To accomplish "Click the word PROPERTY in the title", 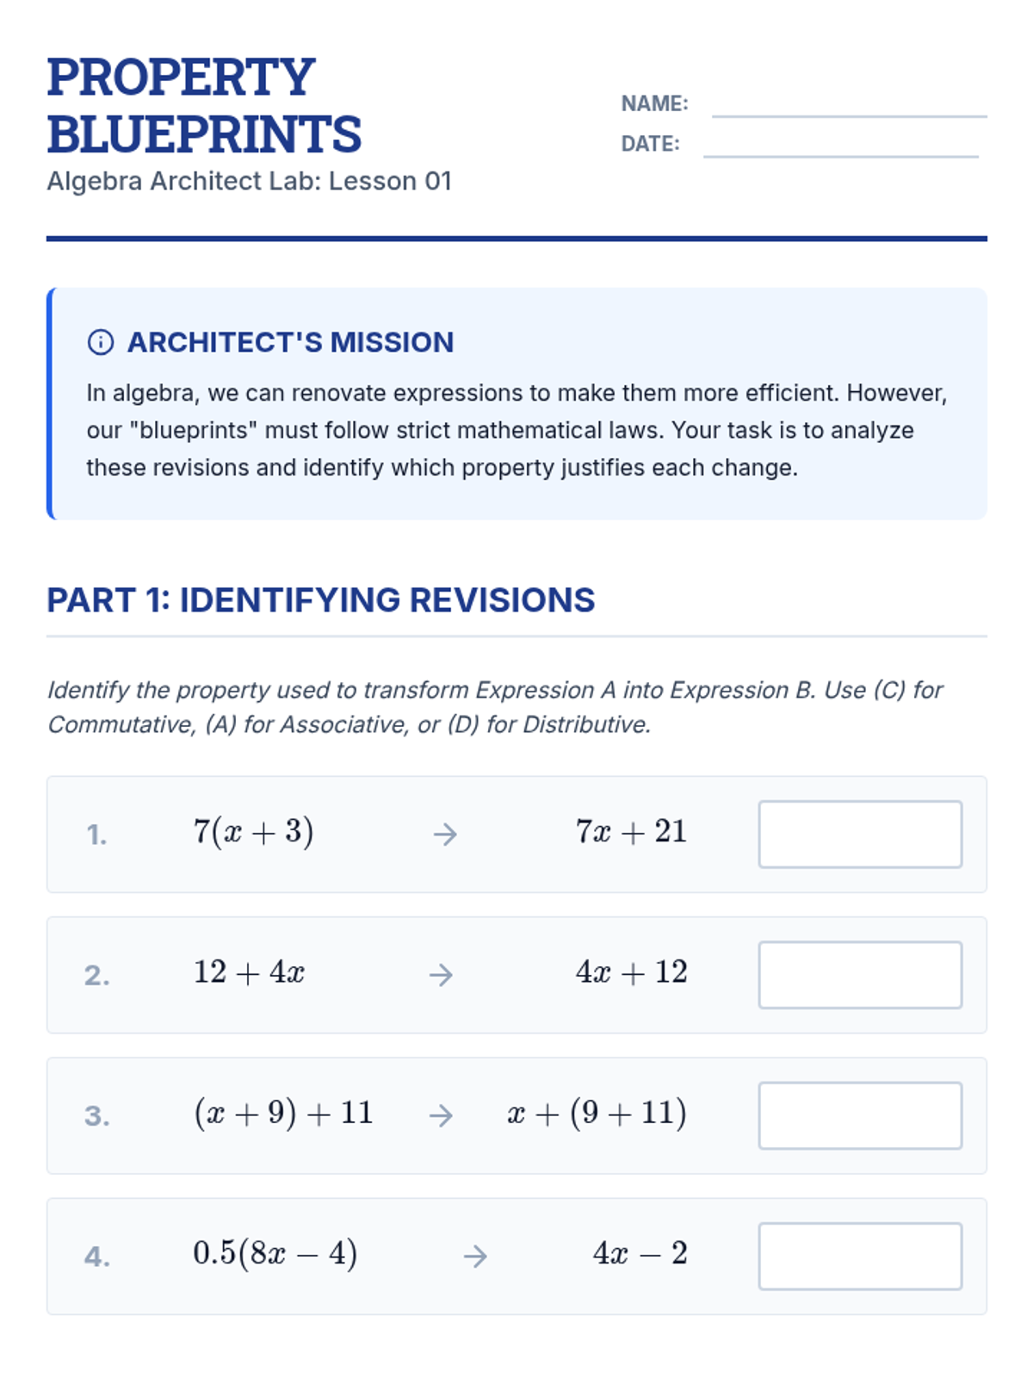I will [x=181, y=78].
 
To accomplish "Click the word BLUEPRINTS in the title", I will [x=204, y=134].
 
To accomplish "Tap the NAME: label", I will [x=654, y=103].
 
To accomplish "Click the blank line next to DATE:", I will [x=841, y=155].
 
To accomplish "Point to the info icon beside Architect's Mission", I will [x=101, y=342].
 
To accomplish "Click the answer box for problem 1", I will [x=860, y=834].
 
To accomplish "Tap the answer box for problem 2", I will [x=860, y=974].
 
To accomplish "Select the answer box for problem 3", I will [x=860, y=1115].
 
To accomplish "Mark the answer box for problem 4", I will [x=860, y=1256].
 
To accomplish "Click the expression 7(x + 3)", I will [x=253, y=832].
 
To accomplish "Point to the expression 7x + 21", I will [x=631, y=832].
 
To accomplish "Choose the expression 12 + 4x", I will [x=249, y=972].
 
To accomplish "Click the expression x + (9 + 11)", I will [x=597, y=1113].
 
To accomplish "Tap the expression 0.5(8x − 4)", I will [x=275, y=1253].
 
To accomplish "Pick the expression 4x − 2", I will [x=640, y=1253].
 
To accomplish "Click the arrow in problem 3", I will [x=441, y=1115].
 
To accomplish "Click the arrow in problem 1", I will [x=445, y=834].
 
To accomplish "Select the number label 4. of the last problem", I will [x=96, y=1257].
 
